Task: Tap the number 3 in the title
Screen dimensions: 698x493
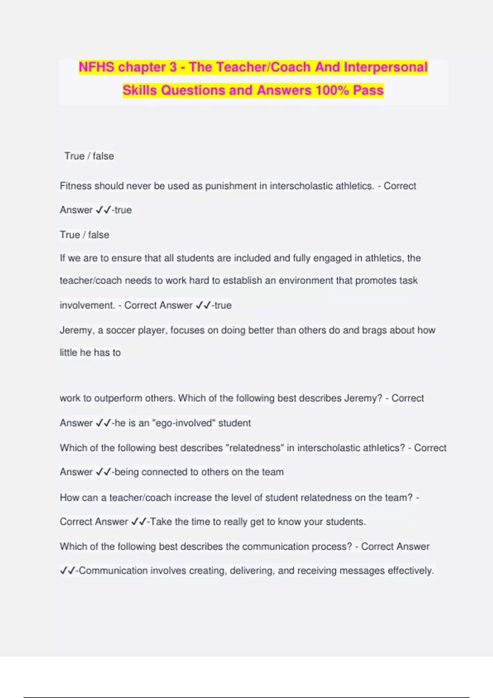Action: (173, 67)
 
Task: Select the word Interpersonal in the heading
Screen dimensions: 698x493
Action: (386, 67)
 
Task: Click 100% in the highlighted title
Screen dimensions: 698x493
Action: (332, 90)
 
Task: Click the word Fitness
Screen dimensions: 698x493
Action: (76, 186)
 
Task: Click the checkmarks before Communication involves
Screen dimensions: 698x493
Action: (68, 571)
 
